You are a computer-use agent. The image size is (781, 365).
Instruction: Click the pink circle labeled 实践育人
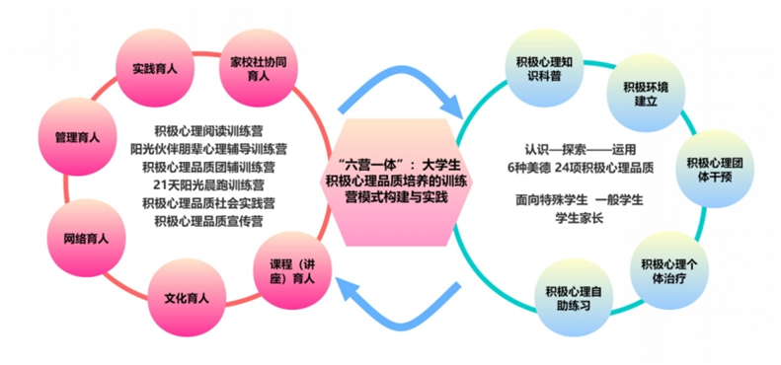154,68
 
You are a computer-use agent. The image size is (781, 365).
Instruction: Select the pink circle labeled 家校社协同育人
258,68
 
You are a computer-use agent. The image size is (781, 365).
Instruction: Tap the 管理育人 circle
78,137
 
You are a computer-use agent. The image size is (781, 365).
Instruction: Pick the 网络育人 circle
86,238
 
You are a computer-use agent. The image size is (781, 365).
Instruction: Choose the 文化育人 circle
187,298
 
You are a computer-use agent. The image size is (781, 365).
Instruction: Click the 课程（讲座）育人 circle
292,271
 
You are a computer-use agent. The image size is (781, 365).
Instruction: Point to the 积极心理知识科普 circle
544,68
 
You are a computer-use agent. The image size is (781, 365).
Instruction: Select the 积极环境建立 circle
646,94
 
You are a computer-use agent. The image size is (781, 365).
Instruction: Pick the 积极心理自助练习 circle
574,298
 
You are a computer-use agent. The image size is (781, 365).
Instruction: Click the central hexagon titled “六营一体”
397,182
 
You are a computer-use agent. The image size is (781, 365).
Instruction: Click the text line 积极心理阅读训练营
208,131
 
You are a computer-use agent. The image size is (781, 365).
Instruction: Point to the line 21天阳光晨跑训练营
208,185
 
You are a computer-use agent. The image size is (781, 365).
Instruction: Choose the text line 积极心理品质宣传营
208,222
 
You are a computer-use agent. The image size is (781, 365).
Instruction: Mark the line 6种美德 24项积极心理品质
580,169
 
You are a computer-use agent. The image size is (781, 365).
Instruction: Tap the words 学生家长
580,218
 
